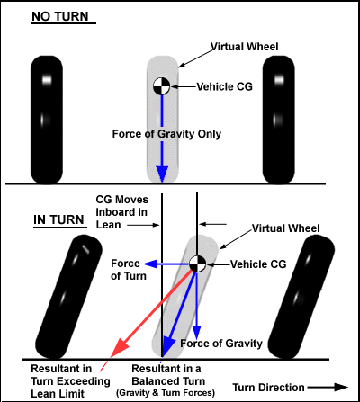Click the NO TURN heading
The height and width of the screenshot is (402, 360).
coord(60,16)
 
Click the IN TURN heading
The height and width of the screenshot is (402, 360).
coord(58,219)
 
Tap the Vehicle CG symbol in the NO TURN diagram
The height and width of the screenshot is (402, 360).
coord(162,86)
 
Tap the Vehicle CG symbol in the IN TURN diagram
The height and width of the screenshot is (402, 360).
coord(197,264)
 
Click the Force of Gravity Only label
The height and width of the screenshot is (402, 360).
coord(166,134)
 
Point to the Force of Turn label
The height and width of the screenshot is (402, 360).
coord(129,270)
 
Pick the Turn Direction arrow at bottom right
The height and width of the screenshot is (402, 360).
coord(328,387)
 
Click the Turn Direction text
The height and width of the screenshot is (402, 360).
coord(269,388)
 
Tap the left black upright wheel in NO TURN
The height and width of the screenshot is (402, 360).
coord(47,120)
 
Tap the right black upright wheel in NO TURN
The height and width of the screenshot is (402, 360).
coord(279,120)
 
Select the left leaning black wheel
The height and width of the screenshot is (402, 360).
coord(69,297)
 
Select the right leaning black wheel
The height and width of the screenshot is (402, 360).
coord(301,297)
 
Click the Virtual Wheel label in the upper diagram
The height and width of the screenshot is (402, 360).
coord(245,47)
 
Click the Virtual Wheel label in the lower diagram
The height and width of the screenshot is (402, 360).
coord(286,228)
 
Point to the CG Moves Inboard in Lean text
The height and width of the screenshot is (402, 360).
coord(121,212)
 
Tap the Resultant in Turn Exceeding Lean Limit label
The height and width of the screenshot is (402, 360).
coord(70,381)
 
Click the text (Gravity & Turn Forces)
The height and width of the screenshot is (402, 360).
coord(166,393)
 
